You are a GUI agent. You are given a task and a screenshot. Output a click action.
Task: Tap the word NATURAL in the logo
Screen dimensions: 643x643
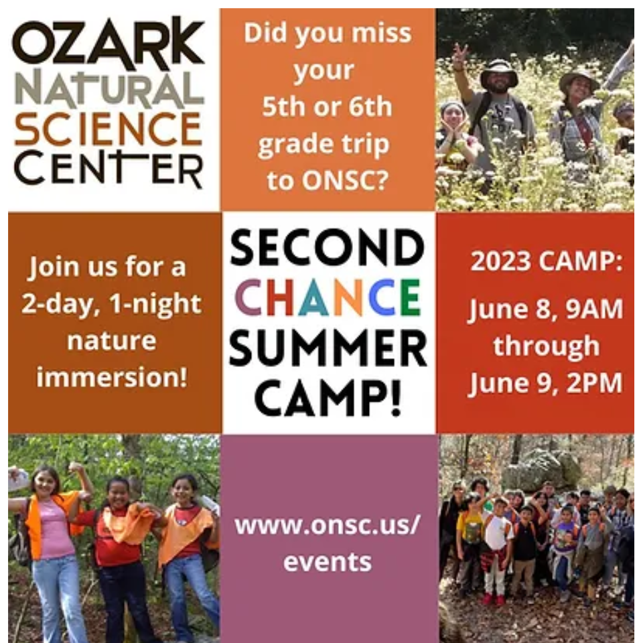click(109, 88)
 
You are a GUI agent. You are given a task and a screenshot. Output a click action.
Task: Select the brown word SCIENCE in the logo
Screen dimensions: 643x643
click(109, 129)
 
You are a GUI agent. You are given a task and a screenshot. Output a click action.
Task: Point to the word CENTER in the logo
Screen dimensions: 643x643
click(109, 168)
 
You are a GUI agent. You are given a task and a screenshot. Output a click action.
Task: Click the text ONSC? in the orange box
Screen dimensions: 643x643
click(346, 180)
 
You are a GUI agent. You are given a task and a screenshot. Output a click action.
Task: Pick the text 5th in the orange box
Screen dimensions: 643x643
click(282, 106)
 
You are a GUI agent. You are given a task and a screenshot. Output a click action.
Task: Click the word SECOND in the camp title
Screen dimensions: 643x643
click(328, 247)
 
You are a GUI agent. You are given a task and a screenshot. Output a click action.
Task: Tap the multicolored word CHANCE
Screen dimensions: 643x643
click(328, 297)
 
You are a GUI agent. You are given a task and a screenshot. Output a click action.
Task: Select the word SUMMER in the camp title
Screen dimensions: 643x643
click(328, 348)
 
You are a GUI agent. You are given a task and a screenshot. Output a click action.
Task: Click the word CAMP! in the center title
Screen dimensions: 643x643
click(328, 397)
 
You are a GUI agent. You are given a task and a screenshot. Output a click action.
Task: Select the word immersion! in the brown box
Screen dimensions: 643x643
click(112, 377)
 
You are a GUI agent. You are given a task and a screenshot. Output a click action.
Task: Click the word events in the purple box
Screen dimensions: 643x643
click(328, 562)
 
